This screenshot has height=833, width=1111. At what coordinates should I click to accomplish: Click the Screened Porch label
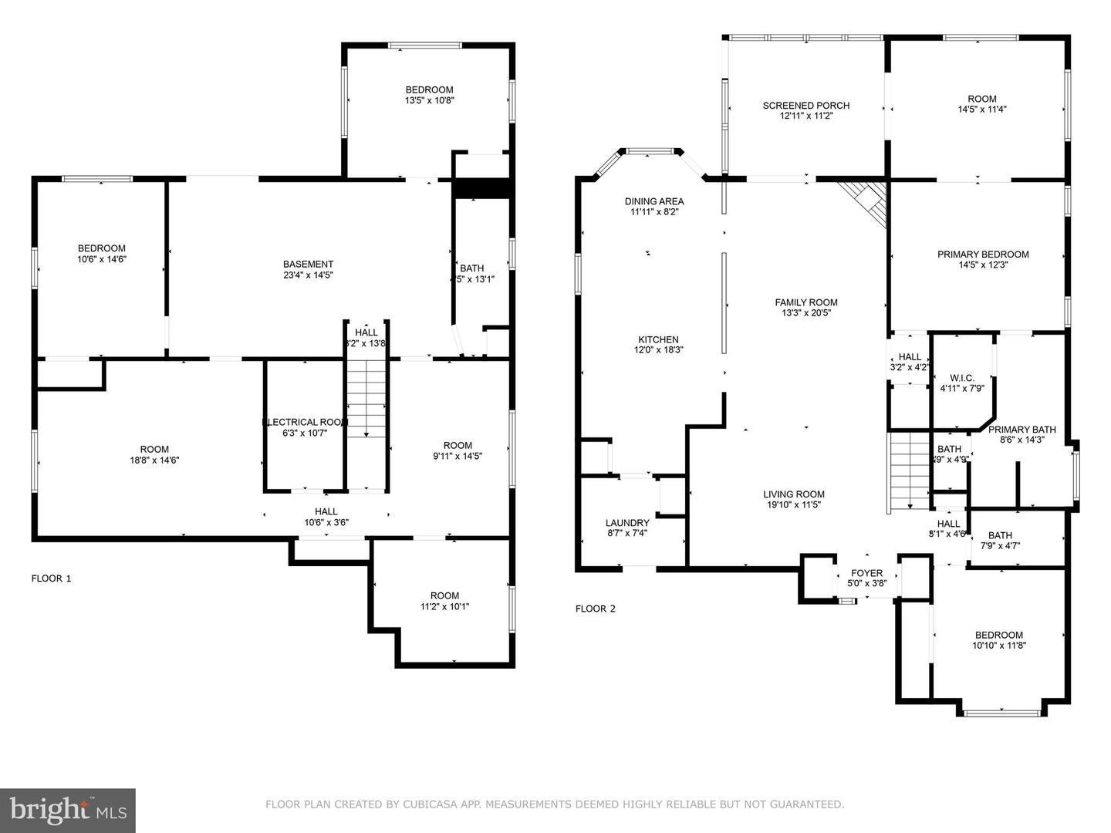pos(805,106)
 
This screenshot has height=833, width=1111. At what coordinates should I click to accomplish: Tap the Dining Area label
pos(654,201)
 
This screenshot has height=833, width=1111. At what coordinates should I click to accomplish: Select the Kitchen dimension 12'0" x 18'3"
pos(658,350)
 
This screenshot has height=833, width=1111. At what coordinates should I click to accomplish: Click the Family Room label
pos(806,302)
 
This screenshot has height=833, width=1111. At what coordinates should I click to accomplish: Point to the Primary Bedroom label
pos(983,255)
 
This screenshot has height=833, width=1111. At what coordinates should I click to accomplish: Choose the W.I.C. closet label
pos(962,378)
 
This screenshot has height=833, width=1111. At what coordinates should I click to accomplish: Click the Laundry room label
pos(627,523)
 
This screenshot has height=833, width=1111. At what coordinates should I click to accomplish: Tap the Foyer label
pos(866,573)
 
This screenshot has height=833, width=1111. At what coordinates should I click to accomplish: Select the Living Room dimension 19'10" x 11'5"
pos(794,505)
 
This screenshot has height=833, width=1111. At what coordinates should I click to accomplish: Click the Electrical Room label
pos(306,422)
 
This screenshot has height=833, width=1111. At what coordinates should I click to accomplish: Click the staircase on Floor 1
pos(366,399)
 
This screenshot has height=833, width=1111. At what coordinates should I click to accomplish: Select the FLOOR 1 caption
pos(51,578)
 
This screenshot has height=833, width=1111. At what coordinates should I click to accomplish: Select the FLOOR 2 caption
pos(596,609)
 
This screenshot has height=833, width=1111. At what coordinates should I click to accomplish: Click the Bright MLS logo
pos(68,810)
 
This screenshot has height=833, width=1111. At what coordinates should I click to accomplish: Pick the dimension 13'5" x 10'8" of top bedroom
pos(429,100)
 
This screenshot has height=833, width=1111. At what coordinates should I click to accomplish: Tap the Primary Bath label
pos(1022,430)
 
